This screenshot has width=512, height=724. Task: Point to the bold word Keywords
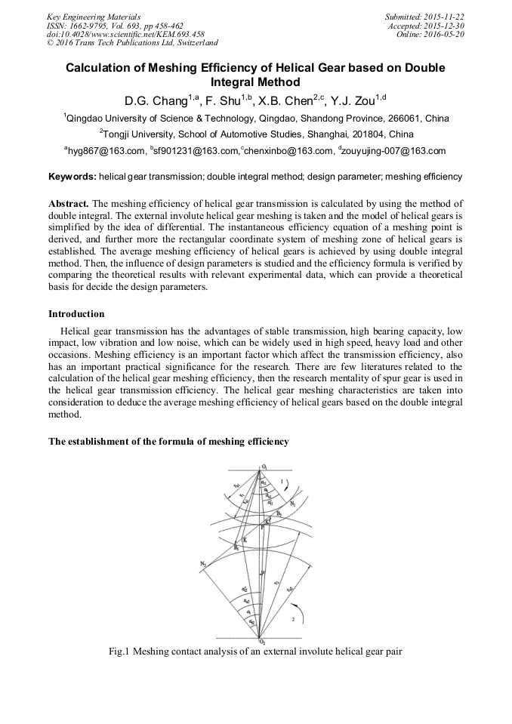click(72, 177)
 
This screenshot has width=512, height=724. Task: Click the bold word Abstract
click(68, 204)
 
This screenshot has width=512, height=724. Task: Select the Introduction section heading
click(76, 313)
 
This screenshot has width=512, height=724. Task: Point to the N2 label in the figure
click(203, 563)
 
